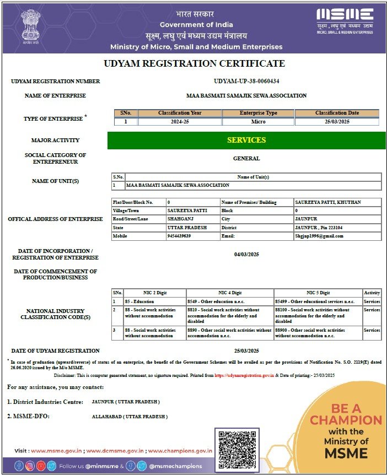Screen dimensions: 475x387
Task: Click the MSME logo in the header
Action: [345, 21]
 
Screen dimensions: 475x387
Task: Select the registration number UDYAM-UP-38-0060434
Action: [246, 81]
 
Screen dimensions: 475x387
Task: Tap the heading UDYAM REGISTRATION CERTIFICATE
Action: [194, 64]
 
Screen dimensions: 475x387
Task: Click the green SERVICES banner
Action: [246, 140]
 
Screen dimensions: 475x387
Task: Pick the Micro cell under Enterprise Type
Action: [258, 122]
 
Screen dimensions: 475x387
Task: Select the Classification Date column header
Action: [337, 113]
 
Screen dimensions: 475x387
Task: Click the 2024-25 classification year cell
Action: [180, 122]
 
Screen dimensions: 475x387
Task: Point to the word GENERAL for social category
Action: [246, 159]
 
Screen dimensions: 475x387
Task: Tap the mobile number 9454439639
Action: [179, 236]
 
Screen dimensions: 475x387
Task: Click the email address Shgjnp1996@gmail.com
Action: [319, 236]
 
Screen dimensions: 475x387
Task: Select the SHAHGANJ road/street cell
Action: [180, 219]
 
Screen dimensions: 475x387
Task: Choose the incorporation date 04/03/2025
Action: [246, 255]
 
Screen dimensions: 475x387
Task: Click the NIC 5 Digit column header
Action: [318, 293]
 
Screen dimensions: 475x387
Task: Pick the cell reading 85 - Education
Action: [139, 301]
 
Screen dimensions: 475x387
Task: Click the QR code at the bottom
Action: [237, 449]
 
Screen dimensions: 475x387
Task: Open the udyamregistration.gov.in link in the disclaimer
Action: [244, 375]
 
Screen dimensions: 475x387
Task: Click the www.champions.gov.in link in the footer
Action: [180, 450]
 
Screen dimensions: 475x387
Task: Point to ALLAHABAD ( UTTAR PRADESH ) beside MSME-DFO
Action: [130, 417]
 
